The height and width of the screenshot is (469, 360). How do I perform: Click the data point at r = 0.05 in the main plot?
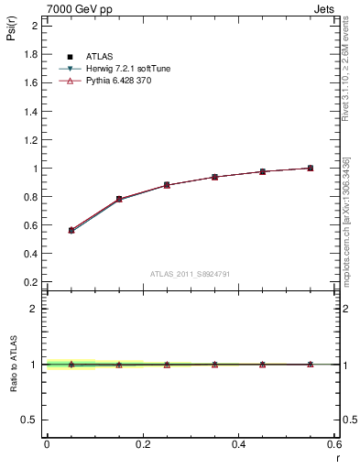71,230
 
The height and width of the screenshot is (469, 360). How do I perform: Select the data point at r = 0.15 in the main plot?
119,199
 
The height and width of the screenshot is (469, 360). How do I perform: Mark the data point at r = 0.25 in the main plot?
167,185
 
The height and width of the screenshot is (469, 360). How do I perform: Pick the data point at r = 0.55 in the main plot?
310,168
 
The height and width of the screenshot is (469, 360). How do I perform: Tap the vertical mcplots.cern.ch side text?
349,220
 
